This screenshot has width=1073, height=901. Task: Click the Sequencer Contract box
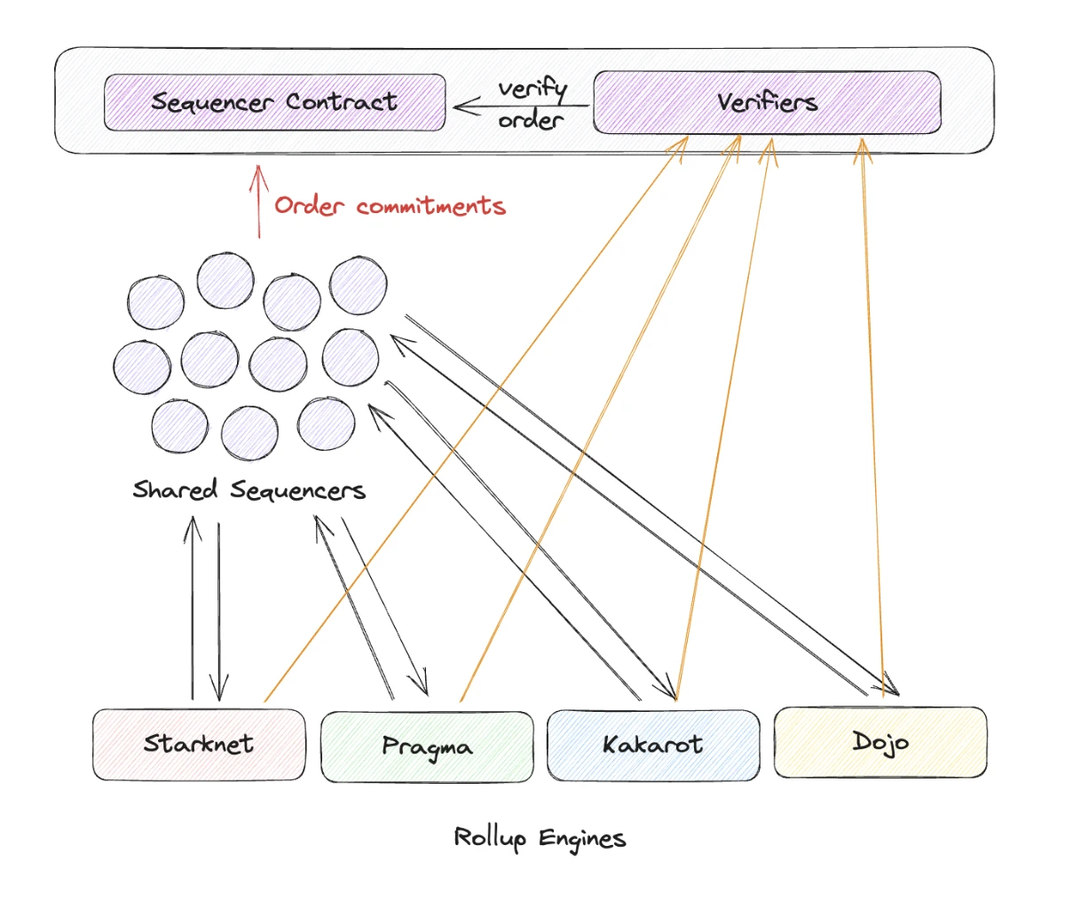tap(274, 103)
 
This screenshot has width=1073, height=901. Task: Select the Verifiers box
tap(766, 103)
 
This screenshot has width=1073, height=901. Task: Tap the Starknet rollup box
tap(199, 744)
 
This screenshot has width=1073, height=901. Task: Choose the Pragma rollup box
tap(427, 747)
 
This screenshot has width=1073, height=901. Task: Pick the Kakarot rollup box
tap(653, 744)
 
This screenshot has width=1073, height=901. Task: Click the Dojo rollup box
tap(880, 741)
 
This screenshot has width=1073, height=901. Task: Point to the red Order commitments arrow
tap(258, 202)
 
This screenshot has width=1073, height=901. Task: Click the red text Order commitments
tap(390, 206)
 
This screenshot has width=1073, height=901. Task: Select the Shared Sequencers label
tap(249, 490)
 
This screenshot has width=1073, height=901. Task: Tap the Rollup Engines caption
tap(540, 837)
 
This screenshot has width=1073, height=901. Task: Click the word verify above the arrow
tap(532, 89)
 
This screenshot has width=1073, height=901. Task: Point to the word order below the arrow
tap(531, 120)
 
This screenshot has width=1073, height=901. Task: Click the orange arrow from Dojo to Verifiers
tap(872, 417)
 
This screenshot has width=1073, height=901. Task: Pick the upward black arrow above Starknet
tap(192, 604)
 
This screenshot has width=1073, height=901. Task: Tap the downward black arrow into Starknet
tap(218, 613)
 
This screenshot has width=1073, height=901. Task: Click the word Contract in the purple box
tap(341, 102)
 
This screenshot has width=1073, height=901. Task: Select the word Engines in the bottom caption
tap(582, 838)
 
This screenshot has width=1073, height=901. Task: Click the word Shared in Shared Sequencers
tap(174, 490)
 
